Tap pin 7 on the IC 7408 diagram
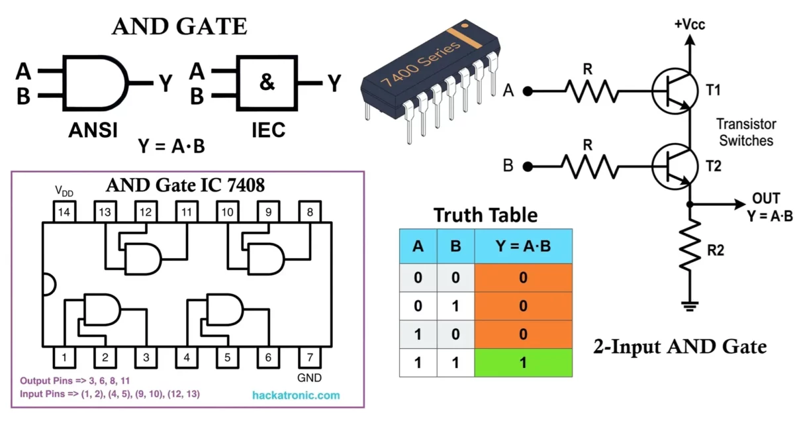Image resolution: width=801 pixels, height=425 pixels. [310, 358]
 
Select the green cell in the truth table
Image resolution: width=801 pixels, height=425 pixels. [523, 362]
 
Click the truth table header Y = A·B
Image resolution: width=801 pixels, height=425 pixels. [523, 247]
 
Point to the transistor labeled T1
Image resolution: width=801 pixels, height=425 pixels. [673, 92]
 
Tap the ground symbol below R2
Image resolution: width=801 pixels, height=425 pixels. [689, 305]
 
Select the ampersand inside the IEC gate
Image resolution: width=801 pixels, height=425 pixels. [266, 83]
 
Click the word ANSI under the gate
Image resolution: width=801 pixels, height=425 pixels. [93, 130]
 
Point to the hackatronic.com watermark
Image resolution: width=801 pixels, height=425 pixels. [296, 396]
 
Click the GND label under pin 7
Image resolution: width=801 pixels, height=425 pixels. [309, 378]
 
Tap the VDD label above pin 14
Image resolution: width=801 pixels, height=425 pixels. [64, 192]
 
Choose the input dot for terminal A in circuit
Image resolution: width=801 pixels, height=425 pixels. [527, 92]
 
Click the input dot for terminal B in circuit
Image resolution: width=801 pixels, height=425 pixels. [527, 166]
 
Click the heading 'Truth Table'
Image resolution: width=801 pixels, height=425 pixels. [485, 214]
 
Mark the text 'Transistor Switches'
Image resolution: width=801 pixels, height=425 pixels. [746, 132]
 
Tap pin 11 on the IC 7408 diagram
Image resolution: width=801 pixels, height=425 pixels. [187, 212]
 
